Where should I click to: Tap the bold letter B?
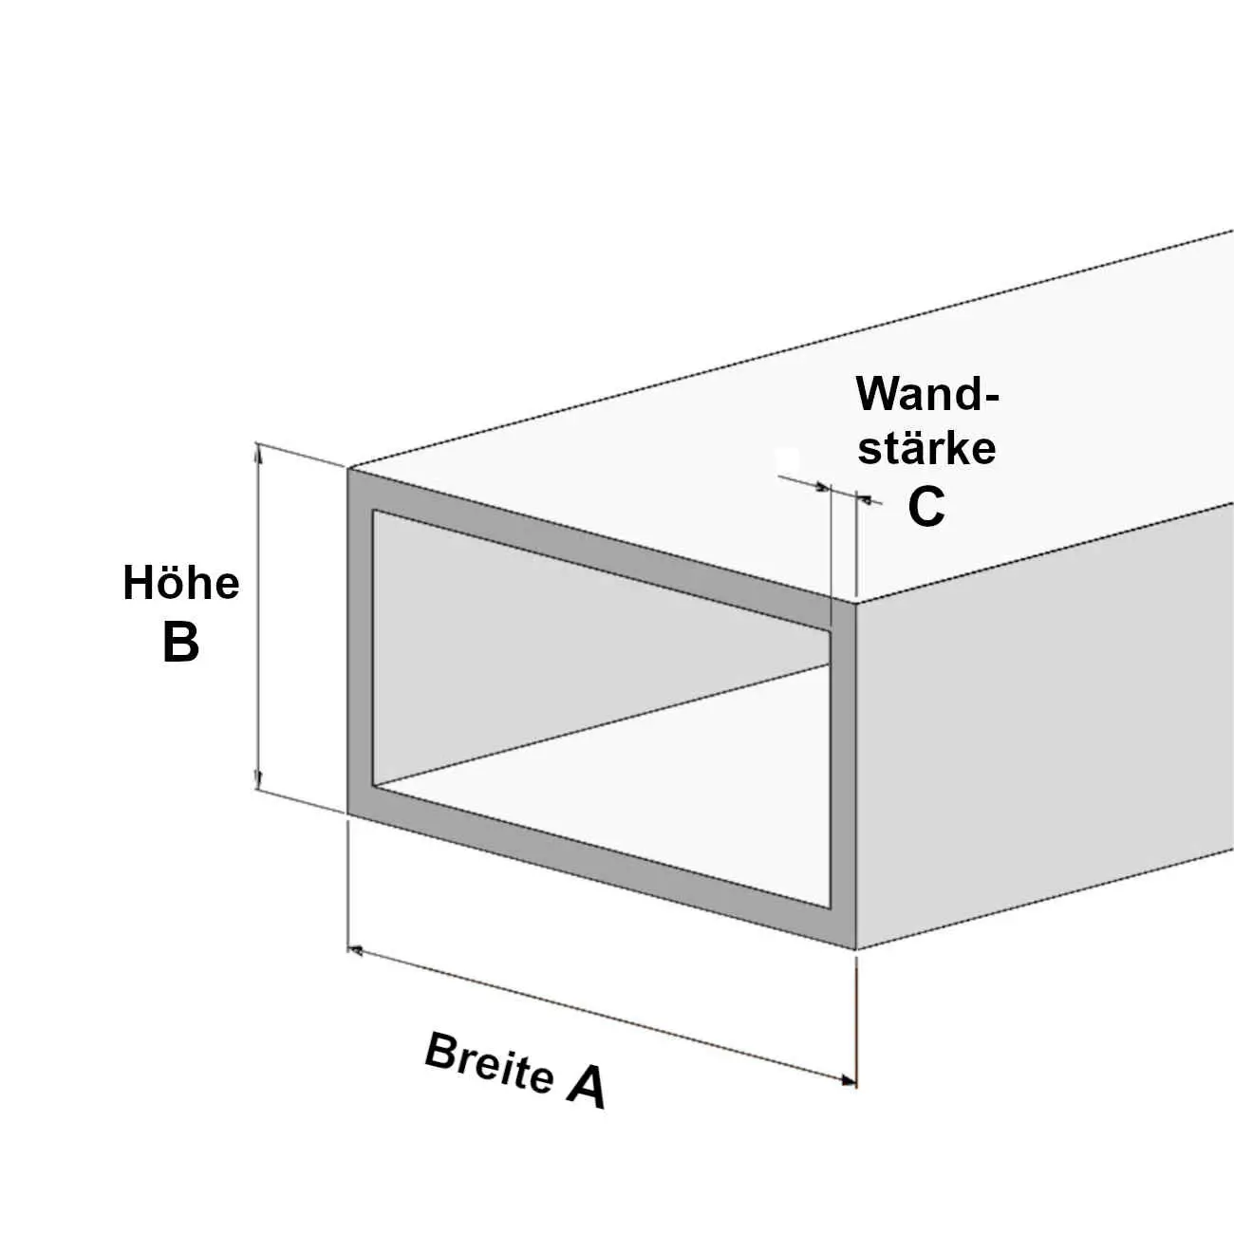[x=180, y=642]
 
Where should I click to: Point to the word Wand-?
[x=927, y=394]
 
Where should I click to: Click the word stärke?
[x=926, y=448]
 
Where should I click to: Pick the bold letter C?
[x=925, y=507]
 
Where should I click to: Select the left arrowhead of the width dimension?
[x=357, y=948]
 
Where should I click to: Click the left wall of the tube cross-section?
[x=360, y=645]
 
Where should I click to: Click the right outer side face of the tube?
[x=1044, y=721]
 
